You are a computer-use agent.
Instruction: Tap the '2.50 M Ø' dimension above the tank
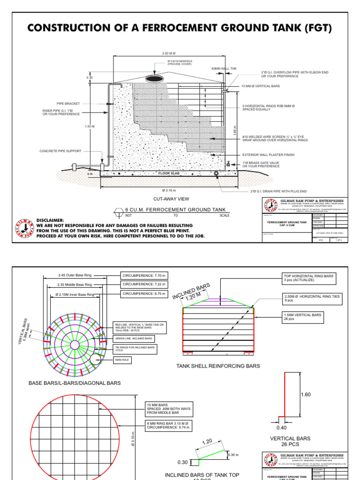pos(168,53)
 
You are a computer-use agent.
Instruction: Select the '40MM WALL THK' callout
pos(224,69)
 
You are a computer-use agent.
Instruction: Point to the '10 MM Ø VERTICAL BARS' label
pos(261,87)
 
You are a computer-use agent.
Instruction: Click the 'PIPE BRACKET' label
pos(68,103)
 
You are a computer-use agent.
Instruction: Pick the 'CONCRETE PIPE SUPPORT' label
pos(60,151)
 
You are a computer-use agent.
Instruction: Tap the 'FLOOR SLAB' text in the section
pos(168,173)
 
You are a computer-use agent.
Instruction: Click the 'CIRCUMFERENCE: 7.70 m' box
pos(144,275)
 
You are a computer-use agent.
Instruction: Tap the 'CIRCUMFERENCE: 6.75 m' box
pos(144,294)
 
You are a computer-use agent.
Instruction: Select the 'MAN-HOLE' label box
pos(122,360)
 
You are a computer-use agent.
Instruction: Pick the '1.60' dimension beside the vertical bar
pos(306,395)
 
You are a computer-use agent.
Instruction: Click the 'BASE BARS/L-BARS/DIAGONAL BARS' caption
pos(75,383)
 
